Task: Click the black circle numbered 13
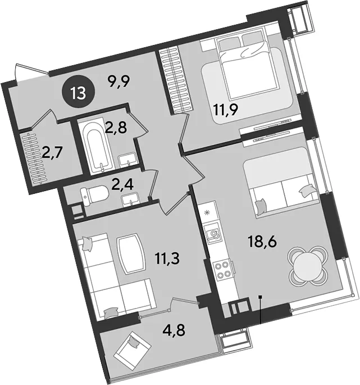[x=79, y=93]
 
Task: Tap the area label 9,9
[x=120, y=81]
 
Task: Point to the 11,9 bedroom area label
[x=226, y=109]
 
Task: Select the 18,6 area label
[x=262, y=241]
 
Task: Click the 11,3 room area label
[x=167, y=259]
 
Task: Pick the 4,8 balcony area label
[x=174, y=330]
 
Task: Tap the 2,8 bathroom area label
[x=116, y=128]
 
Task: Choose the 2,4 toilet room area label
[x=122, y=185]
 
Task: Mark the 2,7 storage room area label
[x=53, y=152]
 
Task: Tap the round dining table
[x=307, y=266]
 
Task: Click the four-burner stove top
[x=222, y=270]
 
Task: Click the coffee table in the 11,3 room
[x=132, y=254]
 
